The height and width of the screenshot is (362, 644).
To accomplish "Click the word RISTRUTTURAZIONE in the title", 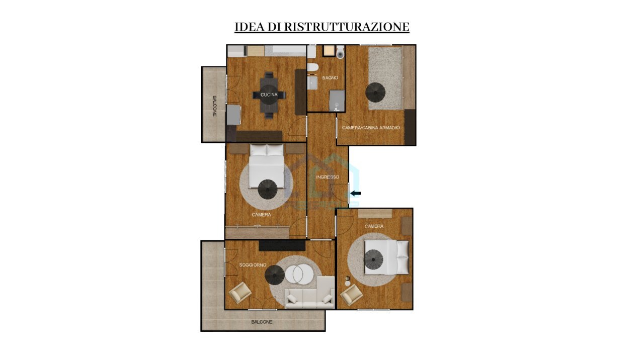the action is tap(347, 27).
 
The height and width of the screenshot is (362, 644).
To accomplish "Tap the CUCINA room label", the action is tap(269, 95).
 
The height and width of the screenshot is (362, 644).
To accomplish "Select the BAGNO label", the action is tap(330, 78).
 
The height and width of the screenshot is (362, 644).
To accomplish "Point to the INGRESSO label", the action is tap(328, 177).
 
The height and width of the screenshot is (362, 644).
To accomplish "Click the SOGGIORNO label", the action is tap(253, 265).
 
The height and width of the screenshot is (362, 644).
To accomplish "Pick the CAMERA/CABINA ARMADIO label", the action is tap(371, 128).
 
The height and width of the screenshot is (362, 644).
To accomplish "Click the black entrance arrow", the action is tap(356, 194).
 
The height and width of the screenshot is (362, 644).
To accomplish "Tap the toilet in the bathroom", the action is tap(341, 52).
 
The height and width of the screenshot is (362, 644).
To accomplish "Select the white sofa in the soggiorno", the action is tap(309, 293).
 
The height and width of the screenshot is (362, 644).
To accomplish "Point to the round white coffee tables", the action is tap(299, 275).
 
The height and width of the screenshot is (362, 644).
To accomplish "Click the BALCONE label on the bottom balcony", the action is tap(262, 322).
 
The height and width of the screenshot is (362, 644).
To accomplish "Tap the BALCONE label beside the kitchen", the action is tap(214, 106).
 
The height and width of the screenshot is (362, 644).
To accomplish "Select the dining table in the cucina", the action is tap(269, 95).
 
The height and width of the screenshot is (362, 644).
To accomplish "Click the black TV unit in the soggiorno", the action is tap(282, 246).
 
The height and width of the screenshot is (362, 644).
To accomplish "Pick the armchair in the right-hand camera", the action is tap(351, 295).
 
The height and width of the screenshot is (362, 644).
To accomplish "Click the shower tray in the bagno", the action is tap(337, 101).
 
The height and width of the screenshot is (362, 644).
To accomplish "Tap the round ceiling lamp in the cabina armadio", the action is tap(375, 92).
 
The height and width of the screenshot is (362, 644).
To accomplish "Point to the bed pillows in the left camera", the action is tap(267, 150).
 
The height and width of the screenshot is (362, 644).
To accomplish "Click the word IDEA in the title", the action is tap(250, 27).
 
